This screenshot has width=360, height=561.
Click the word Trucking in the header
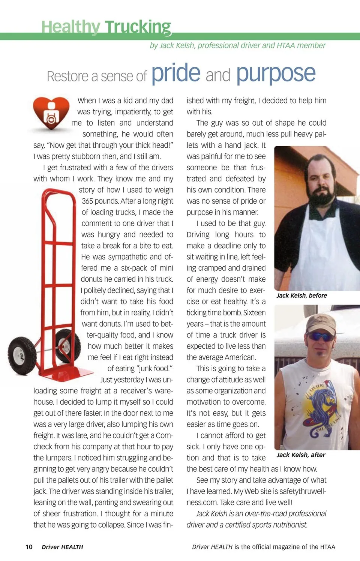tap(138, 27)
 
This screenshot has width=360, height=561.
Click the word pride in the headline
tap(176, 73)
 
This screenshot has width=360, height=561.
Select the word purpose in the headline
tap(276, 74)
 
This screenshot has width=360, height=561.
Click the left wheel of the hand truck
tap(17, 352)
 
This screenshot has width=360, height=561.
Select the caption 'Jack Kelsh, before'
tap(301, 295)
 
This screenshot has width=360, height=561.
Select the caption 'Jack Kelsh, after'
tap(301, 455)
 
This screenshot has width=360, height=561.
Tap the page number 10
tap(29, 547)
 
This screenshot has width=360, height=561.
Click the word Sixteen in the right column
tap(254, 313)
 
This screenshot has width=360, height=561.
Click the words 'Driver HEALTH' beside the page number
tap(62, 547)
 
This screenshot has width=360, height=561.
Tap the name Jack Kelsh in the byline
tap(177, 45)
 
